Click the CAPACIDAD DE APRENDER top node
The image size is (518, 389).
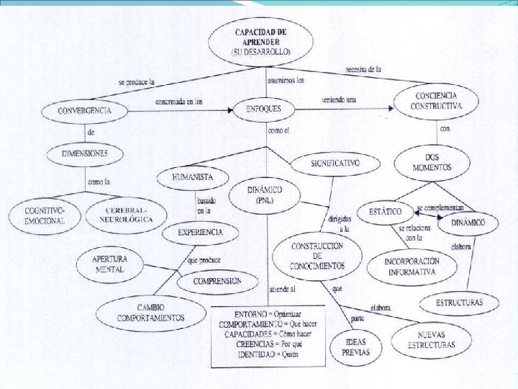(x=261, y=42)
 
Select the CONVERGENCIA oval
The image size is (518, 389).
(x=84, y=111)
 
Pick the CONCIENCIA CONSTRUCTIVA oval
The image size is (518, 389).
(x=438, y=102)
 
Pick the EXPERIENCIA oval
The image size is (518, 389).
(x=201, y=233)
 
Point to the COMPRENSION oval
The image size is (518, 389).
(x=209, y=281)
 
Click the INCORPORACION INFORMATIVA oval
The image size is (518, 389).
(x=412, y=267)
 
